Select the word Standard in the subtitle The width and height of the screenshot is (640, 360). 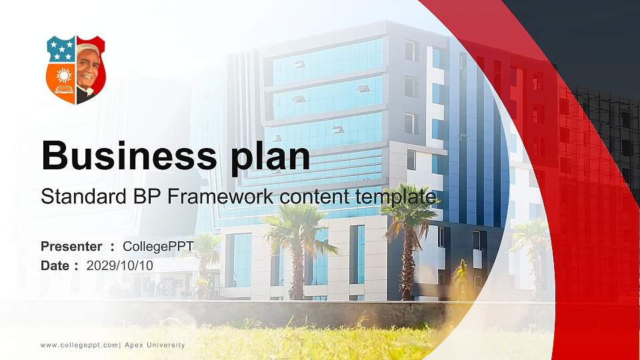click(78, 197)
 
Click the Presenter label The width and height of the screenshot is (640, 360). click(71, 247)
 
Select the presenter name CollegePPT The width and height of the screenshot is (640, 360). click(158, 247)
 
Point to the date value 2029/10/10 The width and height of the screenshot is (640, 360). click(119, 265)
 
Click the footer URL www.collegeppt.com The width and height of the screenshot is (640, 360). click(79, 345)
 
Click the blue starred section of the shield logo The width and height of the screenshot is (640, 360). click(61, 50)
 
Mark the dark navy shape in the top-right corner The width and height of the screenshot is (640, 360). click(587, 40)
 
